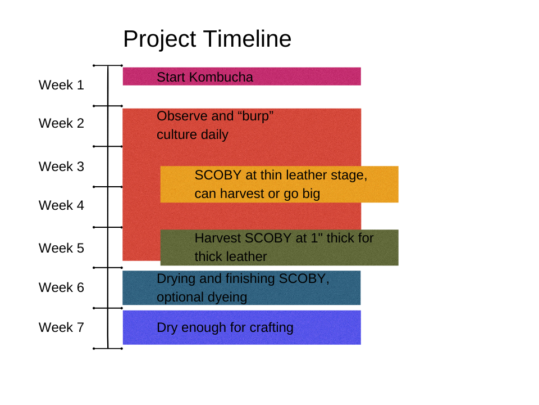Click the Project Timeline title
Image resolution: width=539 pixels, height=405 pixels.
pyautogui.click(x=207, y=39)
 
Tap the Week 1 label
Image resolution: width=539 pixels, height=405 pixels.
pyautogui.click(x=61, y=85)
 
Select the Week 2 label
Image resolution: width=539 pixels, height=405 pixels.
pyautogui.click(x=61, y=123)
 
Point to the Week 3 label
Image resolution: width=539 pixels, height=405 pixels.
pyautogui.click(x=61, y=166)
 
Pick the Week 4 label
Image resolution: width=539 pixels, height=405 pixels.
pyautogui.click(x=61, y=206)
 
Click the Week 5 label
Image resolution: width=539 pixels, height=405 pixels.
pyautogui.click(x=61, y=248)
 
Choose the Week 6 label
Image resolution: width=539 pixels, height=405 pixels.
pyautogui.click(x=61, y=287)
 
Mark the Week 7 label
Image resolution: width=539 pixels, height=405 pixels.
pyautogui.click(x=61, y=327)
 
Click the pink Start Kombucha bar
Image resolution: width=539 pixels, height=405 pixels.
pyautogui.click(x=241, y=76)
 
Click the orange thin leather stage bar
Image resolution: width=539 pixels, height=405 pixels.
pyautogui.click(x=279, y=184)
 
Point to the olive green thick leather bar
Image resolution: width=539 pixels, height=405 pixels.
pyautogui.click(x=279, y=247)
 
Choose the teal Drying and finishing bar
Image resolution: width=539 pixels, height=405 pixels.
pyautogui.click(x=241, y=288)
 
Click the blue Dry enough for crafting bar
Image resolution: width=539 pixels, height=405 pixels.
pyautogui.click(x=241, y=327)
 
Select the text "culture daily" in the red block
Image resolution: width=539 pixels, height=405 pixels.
pyautogui.click(x=193, y=135)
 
